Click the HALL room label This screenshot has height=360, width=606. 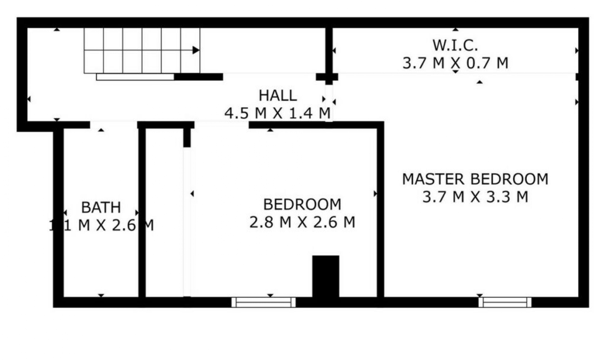pos(277,95)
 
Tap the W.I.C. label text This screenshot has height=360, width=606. pos(455,45)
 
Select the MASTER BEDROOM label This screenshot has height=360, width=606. pos(475,179)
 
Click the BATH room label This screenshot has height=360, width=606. pos(101,207)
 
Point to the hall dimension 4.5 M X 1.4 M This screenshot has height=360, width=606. pos(277,113)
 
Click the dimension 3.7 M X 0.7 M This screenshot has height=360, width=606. pos(455,63)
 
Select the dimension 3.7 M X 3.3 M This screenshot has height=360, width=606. pos(475,197)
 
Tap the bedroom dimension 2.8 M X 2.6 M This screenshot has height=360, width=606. pos(302,222)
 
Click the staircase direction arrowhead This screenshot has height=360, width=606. pos(196,50)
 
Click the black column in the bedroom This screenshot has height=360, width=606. pos(326,276)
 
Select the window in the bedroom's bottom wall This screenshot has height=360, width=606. pos(264,302)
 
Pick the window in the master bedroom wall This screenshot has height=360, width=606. pos(505,302)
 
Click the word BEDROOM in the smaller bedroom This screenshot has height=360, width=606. pos(302,204)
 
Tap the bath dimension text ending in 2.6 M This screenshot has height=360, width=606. pos(101,225)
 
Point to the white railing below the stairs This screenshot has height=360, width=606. pos(135,77)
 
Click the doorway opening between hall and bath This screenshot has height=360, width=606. pos(114,124)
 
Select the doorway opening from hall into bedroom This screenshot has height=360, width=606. pos(221,124)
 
